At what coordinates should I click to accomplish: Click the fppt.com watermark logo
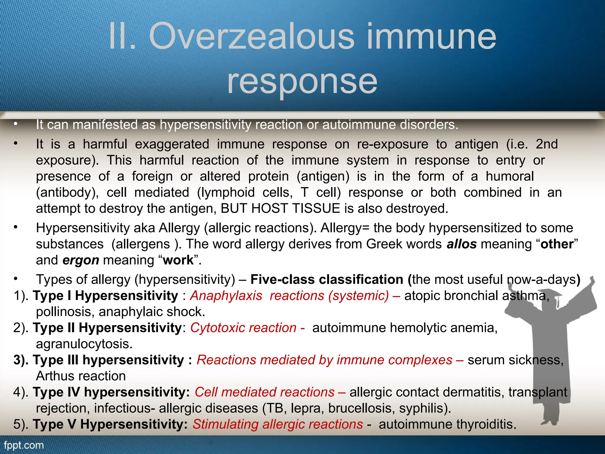pyautogui.click(x=24, y=445)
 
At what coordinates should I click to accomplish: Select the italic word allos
pyautogui.click(x=461, y=244)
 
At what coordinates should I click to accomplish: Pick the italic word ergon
pyautogui.click(x=81, y=260)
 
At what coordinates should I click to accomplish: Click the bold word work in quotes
pyautogui.click(x=178, y=260)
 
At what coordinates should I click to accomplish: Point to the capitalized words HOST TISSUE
pyautogui.click(x=296, y=209)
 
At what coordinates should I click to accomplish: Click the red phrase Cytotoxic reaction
pyautogui.click(x=243, y=328)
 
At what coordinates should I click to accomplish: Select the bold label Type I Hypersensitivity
pyautogui.click(x=105, y=296)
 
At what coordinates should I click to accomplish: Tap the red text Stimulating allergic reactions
pyautogui.click(x=278, y=424)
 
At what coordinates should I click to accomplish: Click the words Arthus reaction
pyautogui.click(x=81, y=376)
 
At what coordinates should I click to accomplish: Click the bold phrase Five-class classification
pyautogui.click(x=327, y=280)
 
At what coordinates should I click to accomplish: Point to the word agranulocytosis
pyautogui.click(x=84, y=344)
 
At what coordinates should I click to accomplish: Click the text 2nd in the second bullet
pyautogui.click(x=547, y=144)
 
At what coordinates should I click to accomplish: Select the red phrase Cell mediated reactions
pyautogui.click(x=264, y=392)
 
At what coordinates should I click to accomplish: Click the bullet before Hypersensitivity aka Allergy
pyautogui.click(x=16, y=228)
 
